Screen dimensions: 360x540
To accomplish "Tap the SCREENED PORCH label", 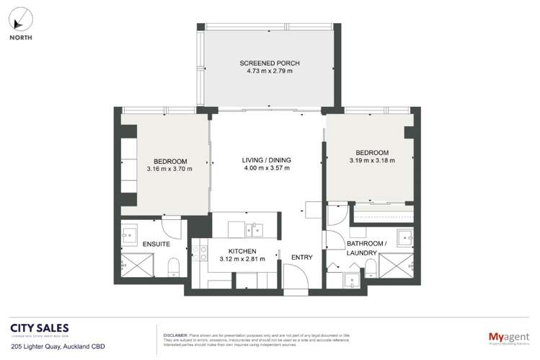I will pyautogui.click(x=269, y=63).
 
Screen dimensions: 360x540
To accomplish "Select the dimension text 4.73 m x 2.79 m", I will pyautogui.click(x=269, y=73).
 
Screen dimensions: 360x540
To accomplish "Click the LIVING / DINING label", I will pyautogui.click(x=267, y=160).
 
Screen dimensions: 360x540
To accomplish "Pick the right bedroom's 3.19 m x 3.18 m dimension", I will pyautogui.click(x=371, y=162).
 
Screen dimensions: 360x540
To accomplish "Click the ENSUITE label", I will pyautogui.click(x=156, y=245).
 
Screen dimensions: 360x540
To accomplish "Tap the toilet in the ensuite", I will pyautogui.click(x=173, y=270).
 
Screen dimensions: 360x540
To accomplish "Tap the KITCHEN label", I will pyautogui.click(x=242, y=250).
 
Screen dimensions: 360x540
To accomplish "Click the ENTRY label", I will pyautogui.click(x=301, y=257).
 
